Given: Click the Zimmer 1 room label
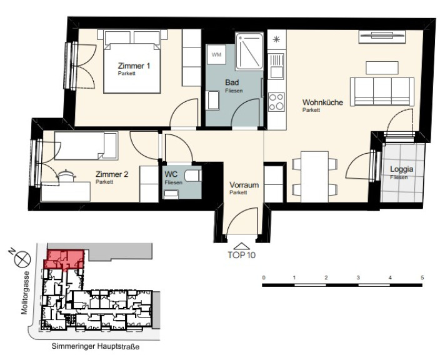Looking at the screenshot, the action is click(134, 66).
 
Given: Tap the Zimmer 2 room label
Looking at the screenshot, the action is click(112, 174).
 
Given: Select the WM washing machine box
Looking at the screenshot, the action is click(216, 54).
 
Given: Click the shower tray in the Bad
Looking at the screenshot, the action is click(249, 51).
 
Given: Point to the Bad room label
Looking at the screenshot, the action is click(232, 82).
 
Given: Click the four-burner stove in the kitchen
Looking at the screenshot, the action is click(276, 101).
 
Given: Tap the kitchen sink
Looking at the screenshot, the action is click(276, 66).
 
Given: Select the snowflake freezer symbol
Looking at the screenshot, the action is click(276, 39).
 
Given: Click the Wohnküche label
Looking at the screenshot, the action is click(322, 102).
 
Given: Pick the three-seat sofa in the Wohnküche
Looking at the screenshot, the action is click(382, 91).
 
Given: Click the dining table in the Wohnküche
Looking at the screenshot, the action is click(314, 177).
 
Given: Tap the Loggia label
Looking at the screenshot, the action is click(402, 169).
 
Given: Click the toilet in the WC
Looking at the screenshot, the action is click(193, 176).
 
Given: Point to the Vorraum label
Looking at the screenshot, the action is click(244, 185).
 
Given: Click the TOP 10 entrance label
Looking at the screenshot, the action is click(241, 255).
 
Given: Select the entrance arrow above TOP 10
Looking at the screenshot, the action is click(241, 246).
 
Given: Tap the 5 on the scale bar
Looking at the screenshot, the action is click(422, 277).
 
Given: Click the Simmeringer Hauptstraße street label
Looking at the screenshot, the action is click(96, 347).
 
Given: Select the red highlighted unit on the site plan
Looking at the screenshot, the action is click(64, 259).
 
